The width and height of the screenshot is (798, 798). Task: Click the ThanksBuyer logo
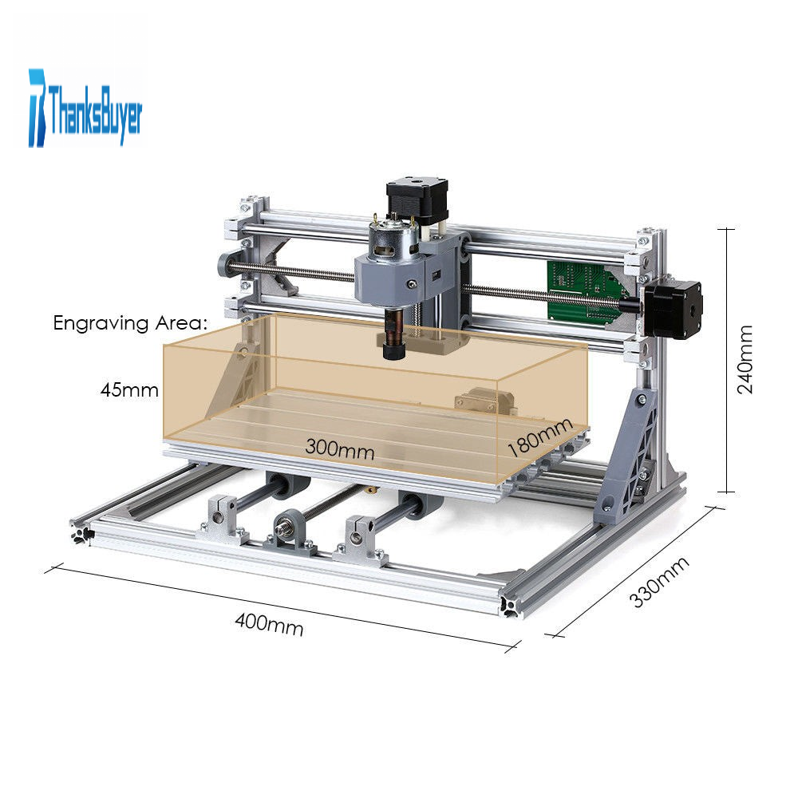pyautogui.click(x=85, y=108)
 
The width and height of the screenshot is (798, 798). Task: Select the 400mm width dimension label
pyautogui.click(x=269, y=625)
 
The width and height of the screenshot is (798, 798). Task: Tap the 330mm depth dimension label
pyautogui.click(x=659, y=583)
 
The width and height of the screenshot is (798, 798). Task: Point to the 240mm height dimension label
pyautogui.click(x=745, y=359)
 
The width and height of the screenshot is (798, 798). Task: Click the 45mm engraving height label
pyautogui.click(x=129, y=390)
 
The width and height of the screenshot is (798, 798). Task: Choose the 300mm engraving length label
pyautogui.click(x=339, y=448)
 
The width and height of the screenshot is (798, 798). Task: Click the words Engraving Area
pyautogui.click(x=130, y=323)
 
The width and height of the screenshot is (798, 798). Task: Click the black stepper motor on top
pyautogui.click(x=417, y=200)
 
